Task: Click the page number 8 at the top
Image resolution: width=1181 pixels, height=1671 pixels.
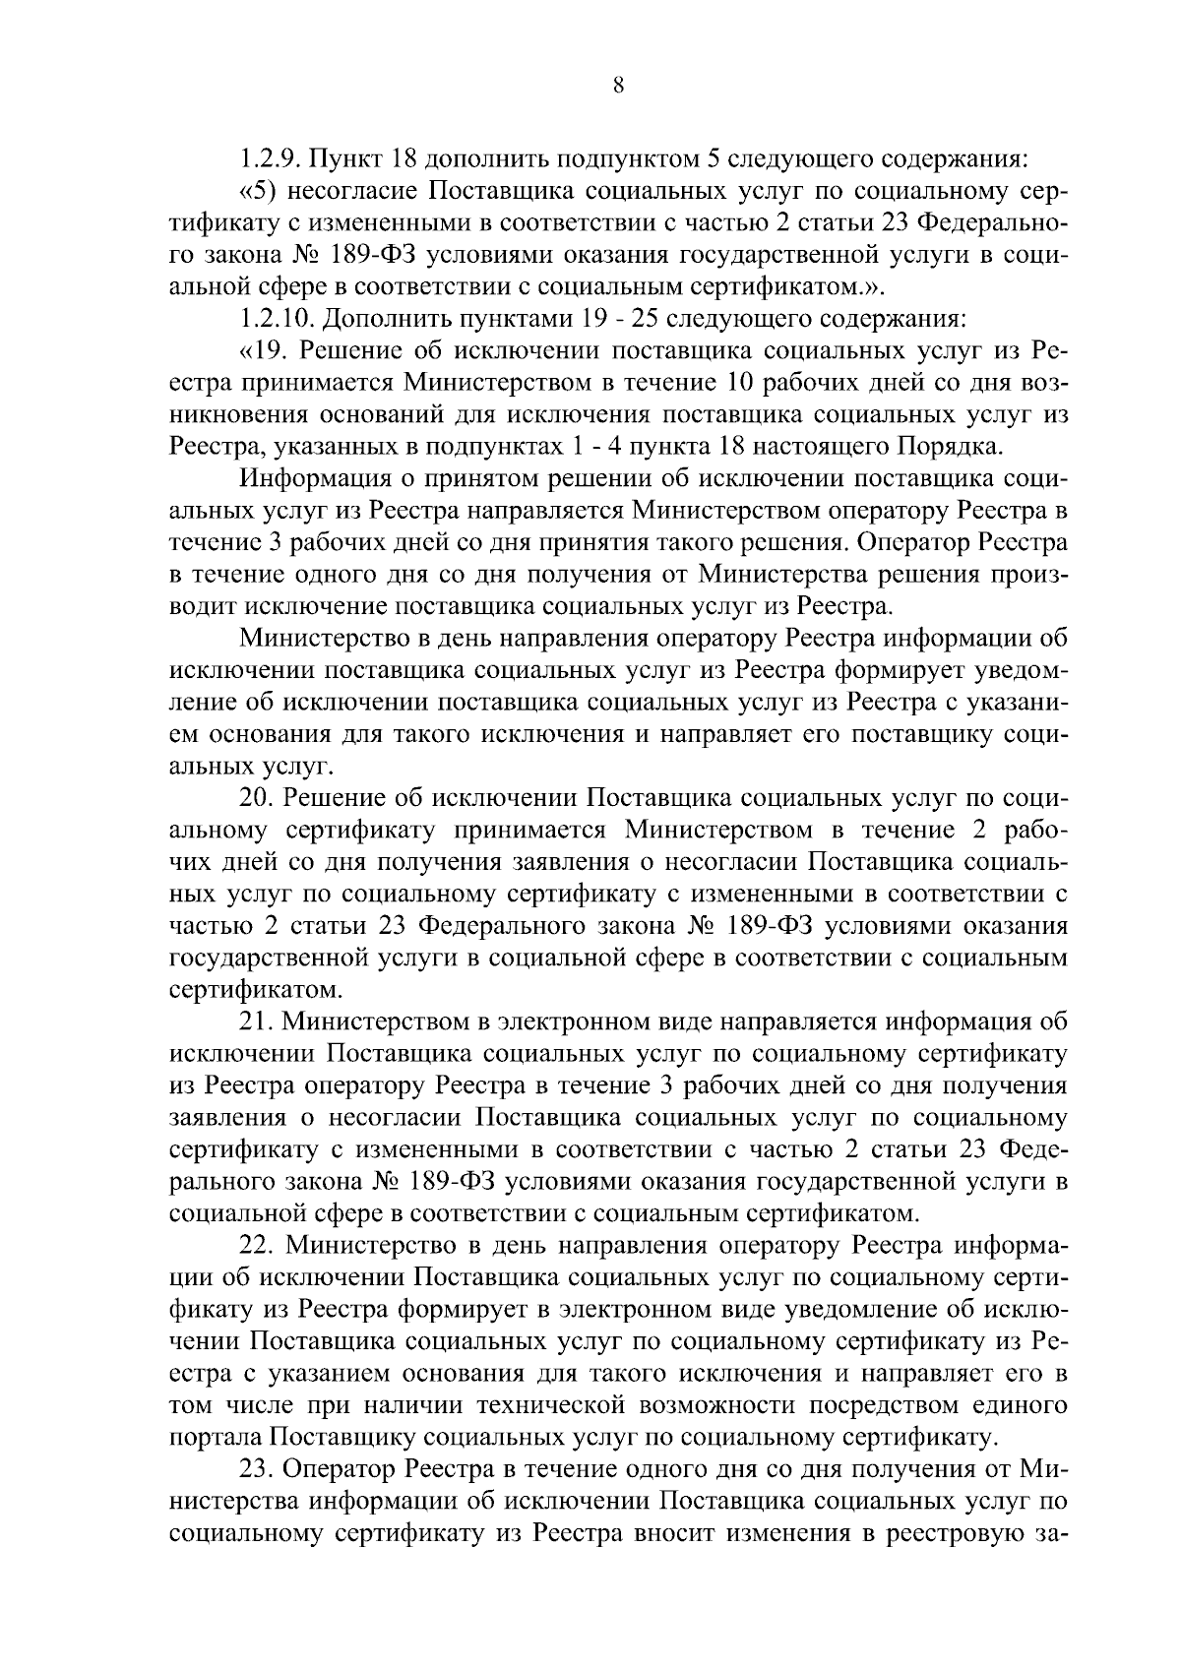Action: [618, 85]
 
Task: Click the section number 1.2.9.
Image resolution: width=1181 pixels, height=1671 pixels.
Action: [271, 158]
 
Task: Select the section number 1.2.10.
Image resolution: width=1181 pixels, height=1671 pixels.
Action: [278, 320]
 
